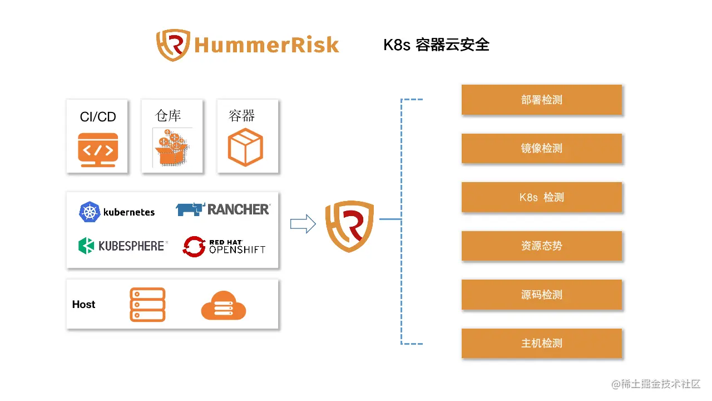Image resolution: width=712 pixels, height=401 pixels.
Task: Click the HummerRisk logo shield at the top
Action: tap(174, 45)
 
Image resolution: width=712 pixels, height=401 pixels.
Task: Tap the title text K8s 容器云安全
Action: tap(436, 45)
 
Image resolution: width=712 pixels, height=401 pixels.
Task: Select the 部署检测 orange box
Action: tap(541, 100)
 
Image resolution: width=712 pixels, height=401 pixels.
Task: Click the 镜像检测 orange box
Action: tap(541, 148)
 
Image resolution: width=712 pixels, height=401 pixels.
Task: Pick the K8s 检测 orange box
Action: tap(541, 197)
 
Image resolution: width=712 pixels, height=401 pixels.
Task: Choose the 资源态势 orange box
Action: tap(541, 246)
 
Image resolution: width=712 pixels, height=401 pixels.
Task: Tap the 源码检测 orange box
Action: tap(541, 295)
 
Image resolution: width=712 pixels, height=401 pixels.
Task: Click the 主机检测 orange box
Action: tap(541, 343)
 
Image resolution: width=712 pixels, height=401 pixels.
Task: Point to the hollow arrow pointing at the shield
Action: tap(303, 224)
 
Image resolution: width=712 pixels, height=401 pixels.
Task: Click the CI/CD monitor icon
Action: tap(98, 150)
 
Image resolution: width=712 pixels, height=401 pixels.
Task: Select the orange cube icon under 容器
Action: tap(245, 147)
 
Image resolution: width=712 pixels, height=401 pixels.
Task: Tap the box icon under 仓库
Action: tap(172, 149)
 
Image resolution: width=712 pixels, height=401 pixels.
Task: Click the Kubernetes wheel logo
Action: tap(89, 212)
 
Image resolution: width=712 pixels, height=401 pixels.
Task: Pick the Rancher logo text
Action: tap(238, 209)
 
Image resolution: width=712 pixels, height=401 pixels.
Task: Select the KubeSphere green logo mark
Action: tap(86, 246)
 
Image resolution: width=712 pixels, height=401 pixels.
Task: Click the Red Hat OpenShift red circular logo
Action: tap(194, 247)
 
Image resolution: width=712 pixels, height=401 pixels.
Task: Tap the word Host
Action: tap(83, 305)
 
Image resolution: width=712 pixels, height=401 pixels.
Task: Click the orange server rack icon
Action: tap(147, 305)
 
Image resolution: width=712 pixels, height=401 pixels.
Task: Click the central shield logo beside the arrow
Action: tap(349, 226)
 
